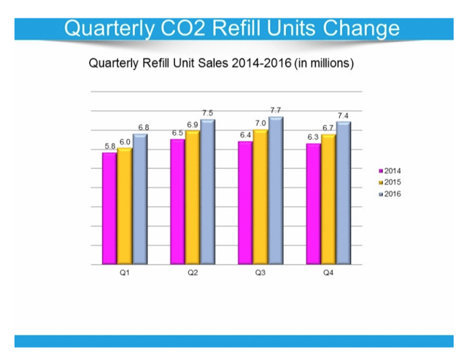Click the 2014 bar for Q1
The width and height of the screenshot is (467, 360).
point(109,208)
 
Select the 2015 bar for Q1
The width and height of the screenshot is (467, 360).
point(124,206)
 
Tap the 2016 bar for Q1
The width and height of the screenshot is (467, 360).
point(139,199)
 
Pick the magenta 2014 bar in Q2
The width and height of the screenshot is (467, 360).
point(177,202)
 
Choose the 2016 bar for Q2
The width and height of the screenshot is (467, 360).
point(207,192)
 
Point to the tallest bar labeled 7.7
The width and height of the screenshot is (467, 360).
point(275,190)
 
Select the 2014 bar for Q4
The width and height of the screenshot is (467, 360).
point(313,204)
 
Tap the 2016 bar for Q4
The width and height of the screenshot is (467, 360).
point(344,193)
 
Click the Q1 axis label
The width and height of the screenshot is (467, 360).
point(125,272)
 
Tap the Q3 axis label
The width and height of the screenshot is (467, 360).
point(260,272)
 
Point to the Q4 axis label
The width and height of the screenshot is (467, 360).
point(329,272)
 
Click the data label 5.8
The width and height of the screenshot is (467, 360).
point(110,147)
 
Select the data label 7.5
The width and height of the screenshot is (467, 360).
point(208,113)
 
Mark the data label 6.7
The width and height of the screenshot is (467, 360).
point(328,128)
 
